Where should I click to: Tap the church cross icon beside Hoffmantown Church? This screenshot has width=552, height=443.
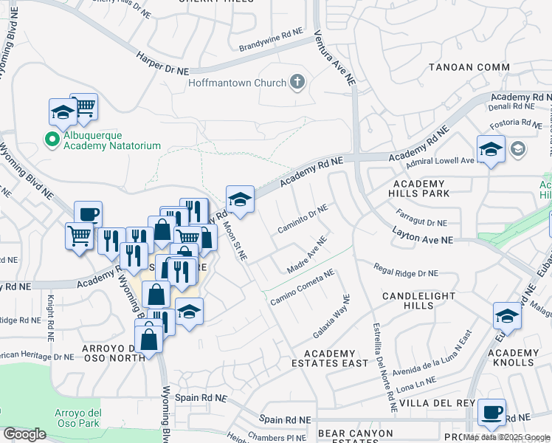[297, 82]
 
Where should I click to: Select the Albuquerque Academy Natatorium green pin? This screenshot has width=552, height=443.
[52, 139]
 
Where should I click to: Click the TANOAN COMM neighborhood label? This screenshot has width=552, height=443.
[469, 67]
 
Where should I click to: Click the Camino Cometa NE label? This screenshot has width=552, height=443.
[303, 287]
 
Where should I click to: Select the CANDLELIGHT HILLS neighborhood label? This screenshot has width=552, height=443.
[418, 301]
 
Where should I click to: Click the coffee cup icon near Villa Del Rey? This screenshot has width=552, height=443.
[491, 413]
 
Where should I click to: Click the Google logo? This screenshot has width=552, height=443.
[24, 434]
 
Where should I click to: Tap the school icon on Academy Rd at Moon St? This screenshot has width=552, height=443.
[240, 199]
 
